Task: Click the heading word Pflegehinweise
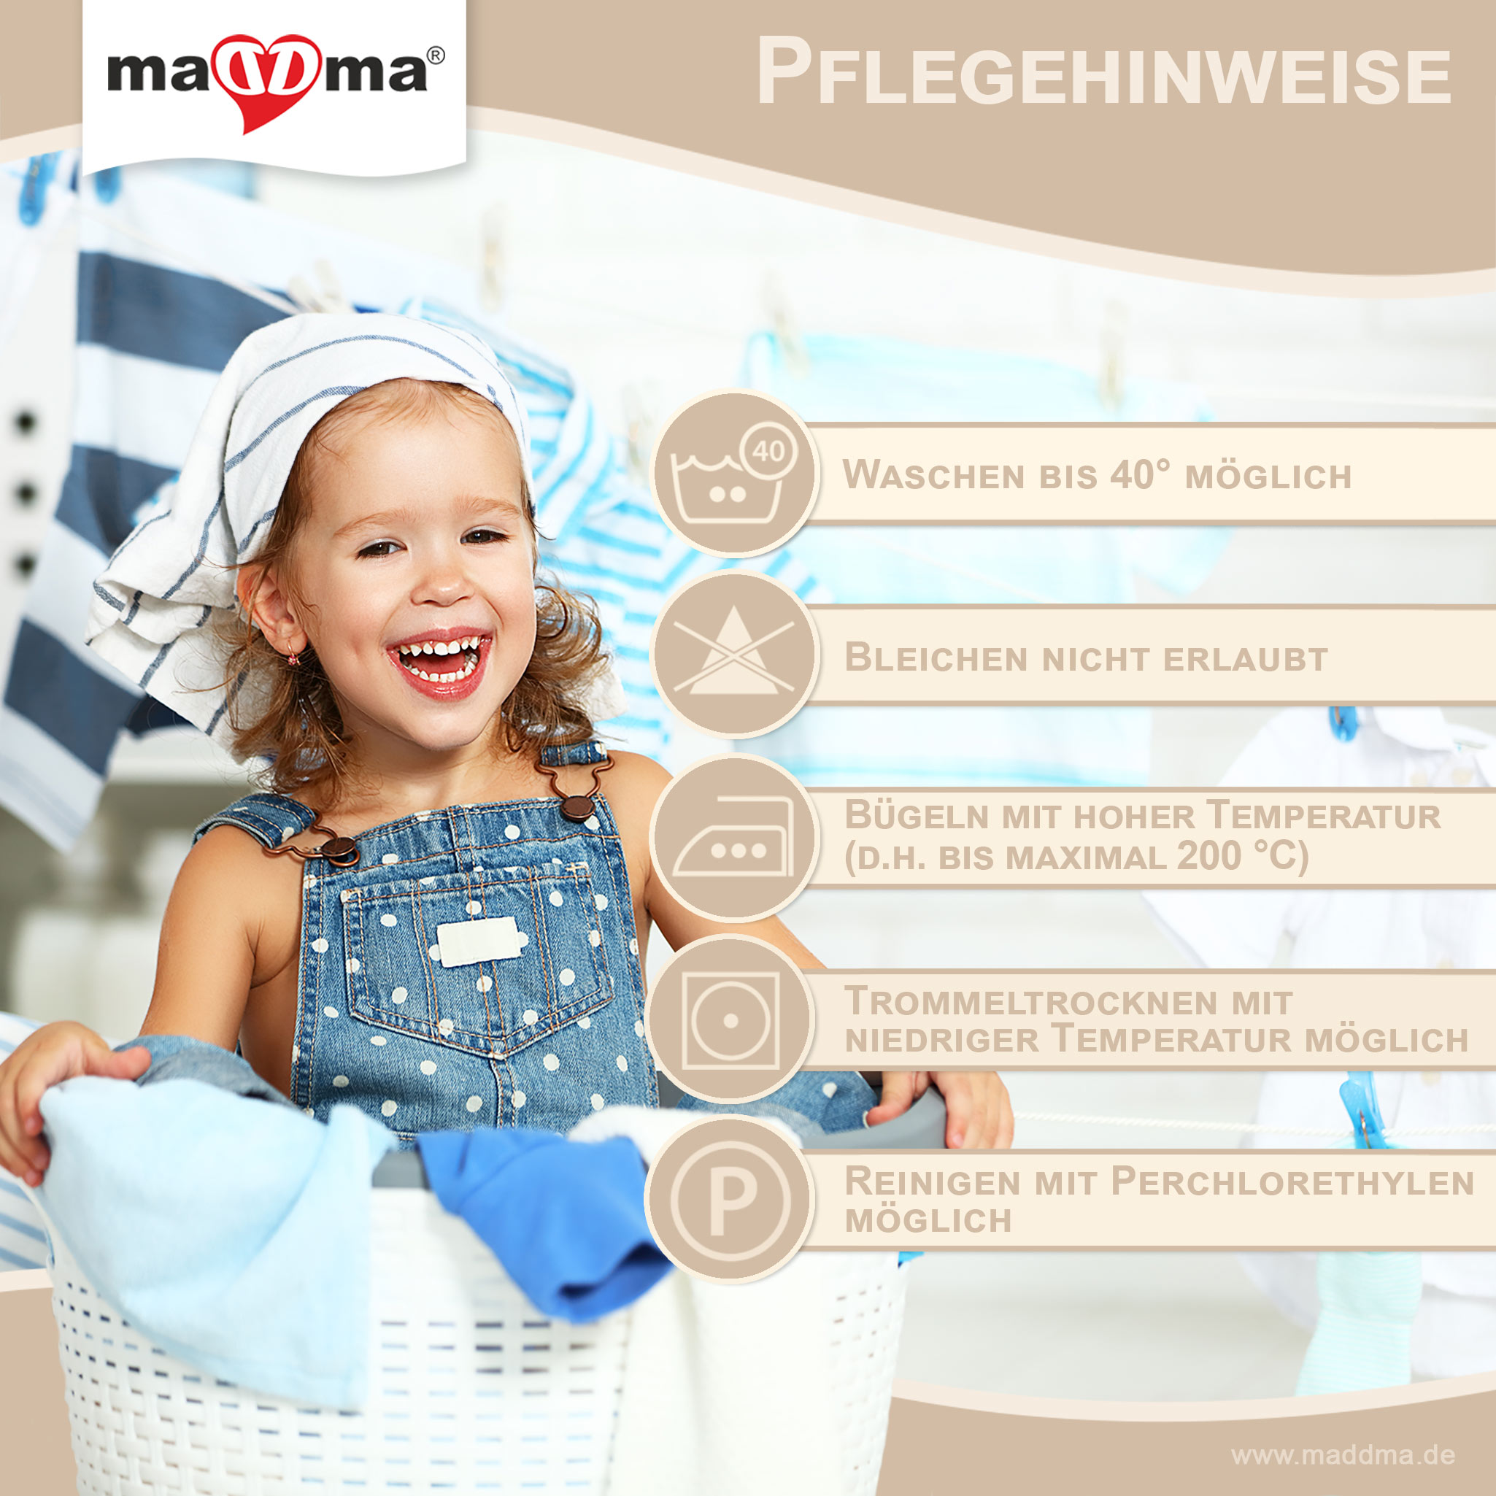[1103, 72]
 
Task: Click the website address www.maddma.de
[1343, 1455]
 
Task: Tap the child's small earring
[294, 658]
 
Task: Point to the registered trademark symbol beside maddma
[436, 56]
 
